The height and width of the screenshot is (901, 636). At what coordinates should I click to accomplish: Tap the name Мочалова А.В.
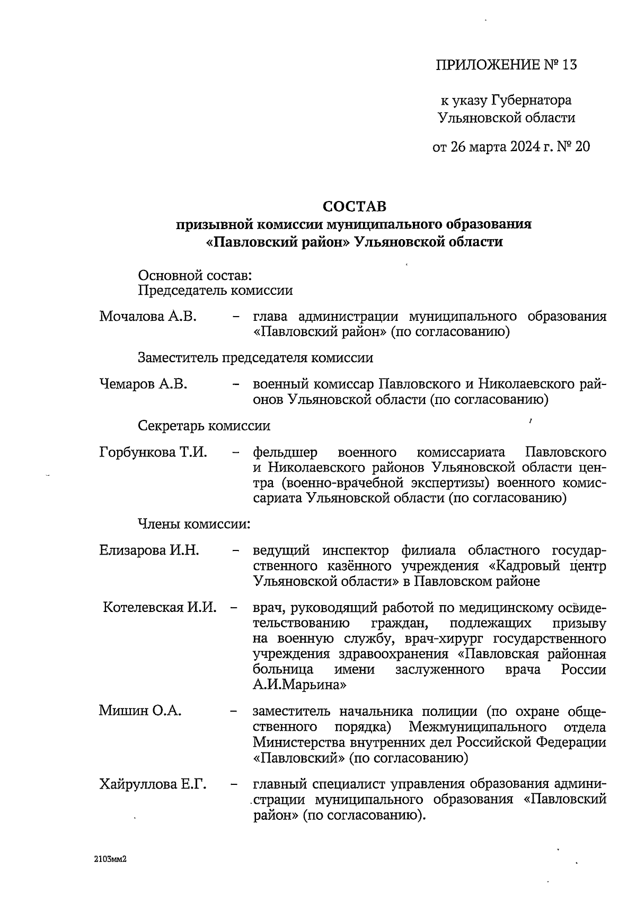click(x=148, y=317)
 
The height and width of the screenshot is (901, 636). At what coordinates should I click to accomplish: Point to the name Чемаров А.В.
click(x=143, y=384)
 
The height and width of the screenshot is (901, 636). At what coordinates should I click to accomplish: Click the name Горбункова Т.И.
click(x=153, y=452)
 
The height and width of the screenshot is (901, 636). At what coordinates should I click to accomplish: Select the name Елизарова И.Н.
click(x=149, y=550)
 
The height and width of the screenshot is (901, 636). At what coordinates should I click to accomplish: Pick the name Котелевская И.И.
click(x=160, y=607)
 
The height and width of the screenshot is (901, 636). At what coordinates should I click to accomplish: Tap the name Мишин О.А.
click(x=140, y=711)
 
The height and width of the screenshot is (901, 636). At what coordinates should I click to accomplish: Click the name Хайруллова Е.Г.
click(x=153, y=784)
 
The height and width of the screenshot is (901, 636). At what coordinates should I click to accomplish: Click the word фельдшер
click(x=285, y=452)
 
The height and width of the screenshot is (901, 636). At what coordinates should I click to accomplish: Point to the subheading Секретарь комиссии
click(x=204, y=426)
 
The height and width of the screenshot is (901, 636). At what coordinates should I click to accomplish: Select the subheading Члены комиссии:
click(x=193, y=524)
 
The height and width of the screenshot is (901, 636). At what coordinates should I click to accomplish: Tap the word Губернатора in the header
click(x=532, y=100)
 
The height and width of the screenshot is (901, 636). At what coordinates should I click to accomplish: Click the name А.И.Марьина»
click(x=299, y=685)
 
